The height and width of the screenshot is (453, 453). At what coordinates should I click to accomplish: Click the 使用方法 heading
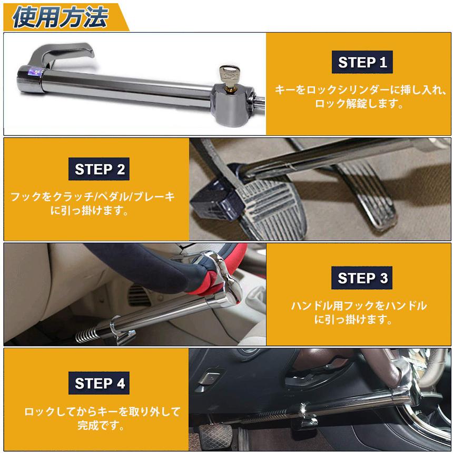pos(60,17)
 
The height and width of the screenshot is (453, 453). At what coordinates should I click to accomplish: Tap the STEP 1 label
pos(362,62)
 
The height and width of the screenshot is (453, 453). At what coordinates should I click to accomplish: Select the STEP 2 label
pos(99,169)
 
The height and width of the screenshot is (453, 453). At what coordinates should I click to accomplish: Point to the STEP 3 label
pos(362,278)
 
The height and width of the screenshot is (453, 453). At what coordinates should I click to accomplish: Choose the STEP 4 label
pos(99,383)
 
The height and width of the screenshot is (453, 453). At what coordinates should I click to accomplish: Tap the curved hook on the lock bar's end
pos(61,54)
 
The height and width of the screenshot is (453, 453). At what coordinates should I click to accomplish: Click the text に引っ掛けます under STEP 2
pos(89,210)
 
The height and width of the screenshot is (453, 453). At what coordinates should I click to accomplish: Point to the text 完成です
pos(101,425)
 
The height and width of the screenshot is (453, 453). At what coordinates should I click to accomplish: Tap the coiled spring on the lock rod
pos(87,335)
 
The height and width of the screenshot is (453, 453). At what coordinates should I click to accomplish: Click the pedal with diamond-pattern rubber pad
pos(216,437)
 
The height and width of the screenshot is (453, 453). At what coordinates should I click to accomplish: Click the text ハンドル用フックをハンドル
pos(359,306)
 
